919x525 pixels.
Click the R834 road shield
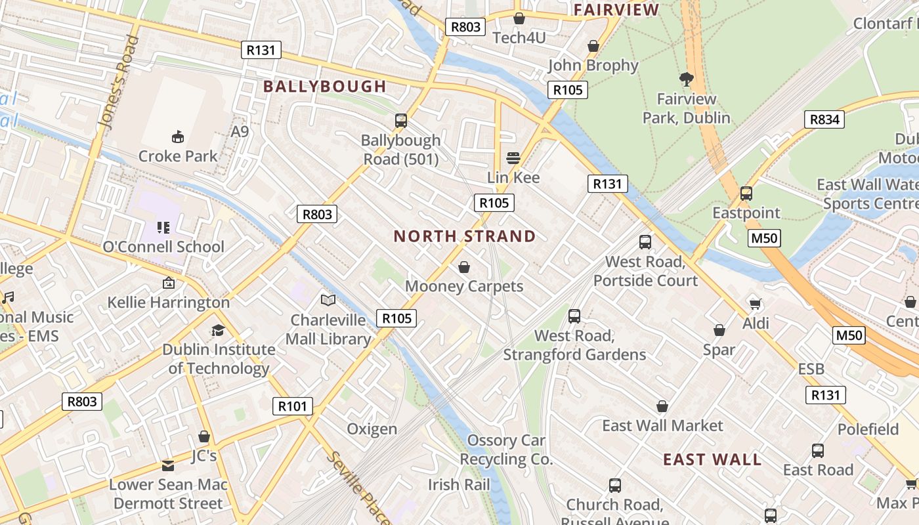pos(824,119)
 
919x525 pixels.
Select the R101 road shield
pos(293,406)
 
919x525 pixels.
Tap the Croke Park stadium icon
pos(177,136)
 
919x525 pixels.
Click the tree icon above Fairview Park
pos(687,80)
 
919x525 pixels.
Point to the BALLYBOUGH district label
pos(325,87)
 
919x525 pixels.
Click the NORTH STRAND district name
pos(465,236)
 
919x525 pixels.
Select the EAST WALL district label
pos(712,459)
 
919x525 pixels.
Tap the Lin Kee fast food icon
pos(513,158)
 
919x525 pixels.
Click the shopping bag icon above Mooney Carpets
pos(464,267)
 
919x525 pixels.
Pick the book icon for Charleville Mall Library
pos(328,300)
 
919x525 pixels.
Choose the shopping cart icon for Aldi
pos(756,303)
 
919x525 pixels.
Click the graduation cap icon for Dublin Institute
pos(218,330)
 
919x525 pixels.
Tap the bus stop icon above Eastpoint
pos(746,194)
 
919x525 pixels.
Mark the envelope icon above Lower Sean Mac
pos(168,466)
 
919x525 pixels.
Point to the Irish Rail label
pos(459,485)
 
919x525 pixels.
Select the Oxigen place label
pos(372,429)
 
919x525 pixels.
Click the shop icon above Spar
pos(719,330)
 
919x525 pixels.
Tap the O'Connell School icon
pos(163,228)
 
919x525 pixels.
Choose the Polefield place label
pos(868,429)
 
